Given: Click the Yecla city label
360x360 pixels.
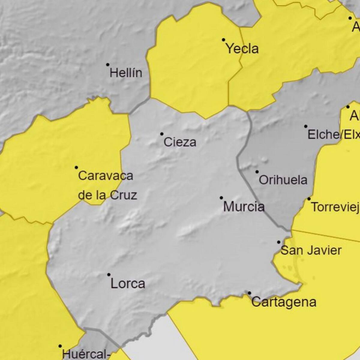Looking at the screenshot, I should tap(242, 49).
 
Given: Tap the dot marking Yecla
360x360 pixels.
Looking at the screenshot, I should tap(223, 40).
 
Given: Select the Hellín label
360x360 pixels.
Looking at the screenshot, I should tap(126, 73).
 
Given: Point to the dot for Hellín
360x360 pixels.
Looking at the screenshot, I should tap(108, 64).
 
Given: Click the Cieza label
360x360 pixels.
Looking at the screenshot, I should tap(180, 142).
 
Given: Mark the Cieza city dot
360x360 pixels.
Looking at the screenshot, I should tap(162, 134).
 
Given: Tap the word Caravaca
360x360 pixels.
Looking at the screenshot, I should tap(105, 175).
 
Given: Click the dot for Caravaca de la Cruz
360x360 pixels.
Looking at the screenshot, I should tap(76, 167).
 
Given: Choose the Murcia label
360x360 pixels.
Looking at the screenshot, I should tap(244, 207).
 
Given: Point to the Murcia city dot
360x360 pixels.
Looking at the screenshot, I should tap(221, 198).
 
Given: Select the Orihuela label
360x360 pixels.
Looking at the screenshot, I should tap(283, 180).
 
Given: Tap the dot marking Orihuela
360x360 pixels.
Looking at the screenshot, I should tap(257, 172).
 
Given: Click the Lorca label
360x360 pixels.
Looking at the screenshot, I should tap(128, 283).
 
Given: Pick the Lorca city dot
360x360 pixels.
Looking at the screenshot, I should tap(109, 274).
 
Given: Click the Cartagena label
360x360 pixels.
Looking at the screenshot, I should tap(284, 302).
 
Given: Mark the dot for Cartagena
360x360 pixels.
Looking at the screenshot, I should tap(249, 293).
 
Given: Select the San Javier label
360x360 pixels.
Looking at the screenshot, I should tap(311, 250).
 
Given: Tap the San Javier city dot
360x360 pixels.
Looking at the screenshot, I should tap(279, 242).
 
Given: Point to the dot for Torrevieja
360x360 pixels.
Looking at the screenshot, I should tap(309, 199).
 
